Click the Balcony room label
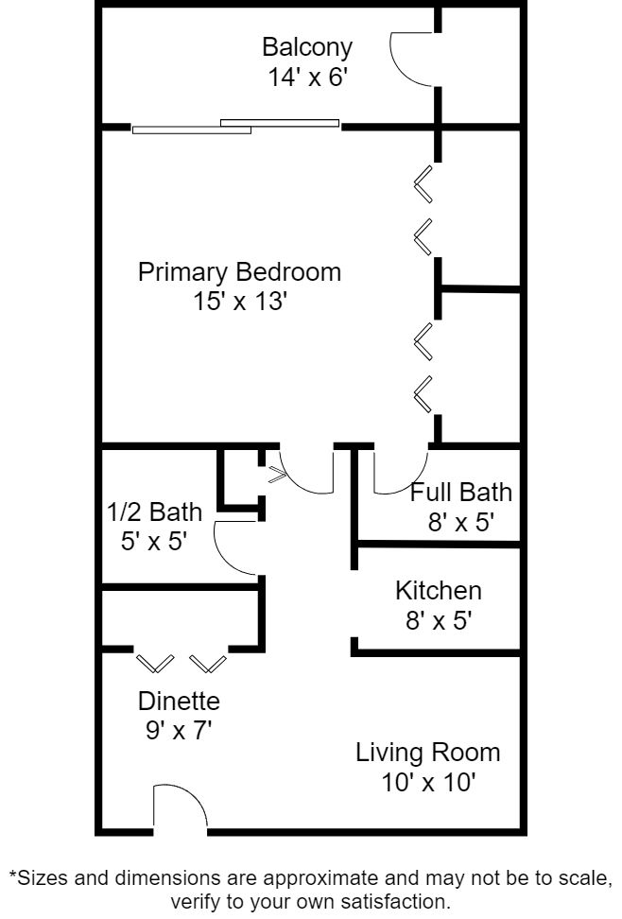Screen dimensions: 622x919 tap(307, 48)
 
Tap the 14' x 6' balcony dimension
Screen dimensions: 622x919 tap(308, 78)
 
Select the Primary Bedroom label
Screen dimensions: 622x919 tap(239, 272)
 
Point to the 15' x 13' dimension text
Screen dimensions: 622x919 tap(240, 302)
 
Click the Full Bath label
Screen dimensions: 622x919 tap(460, 493)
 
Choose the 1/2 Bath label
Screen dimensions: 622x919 tap(154, 512)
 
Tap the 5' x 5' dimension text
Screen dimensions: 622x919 tap(153, 541)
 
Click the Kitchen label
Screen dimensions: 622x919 tap(439, 591)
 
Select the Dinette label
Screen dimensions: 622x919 tap(179, 701)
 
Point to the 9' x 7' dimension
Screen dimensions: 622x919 tap(179, 730)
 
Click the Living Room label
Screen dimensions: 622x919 tap(428, 754)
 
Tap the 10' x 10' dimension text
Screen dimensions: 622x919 tap(428, 783)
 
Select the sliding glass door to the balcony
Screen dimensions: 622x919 tap(235, 127)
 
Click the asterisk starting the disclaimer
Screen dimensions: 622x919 tap(12, 875)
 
